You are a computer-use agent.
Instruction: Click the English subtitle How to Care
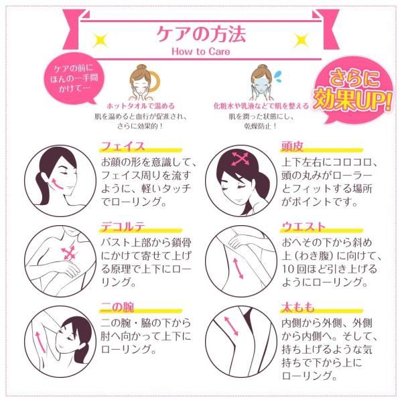click(x=201, y=52)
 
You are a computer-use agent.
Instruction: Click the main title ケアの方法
click(x=201, y=34)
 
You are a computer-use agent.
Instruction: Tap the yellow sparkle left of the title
click(x=100, y=40)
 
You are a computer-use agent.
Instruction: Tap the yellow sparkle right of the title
click(x=301, y=40)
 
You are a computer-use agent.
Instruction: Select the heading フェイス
click(x=123, y=146)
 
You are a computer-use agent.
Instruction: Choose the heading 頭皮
click(x=292, y=146)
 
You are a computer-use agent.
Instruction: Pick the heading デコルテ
click(x=123, y=227)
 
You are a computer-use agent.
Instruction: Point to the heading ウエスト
click(x=304, y=227)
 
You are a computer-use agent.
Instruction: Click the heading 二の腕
click(x=117, y=307)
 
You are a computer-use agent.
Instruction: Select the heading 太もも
click(x=298, y=307)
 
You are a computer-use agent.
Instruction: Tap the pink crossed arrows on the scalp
click(x=240, y=159)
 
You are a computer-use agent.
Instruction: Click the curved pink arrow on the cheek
click(x=58, y=184)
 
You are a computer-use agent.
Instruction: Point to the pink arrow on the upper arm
click(x=40, y=342)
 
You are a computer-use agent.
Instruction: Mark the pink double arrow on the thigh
click(x=231, y=326)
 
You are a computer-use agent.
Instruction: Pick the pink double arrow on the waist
click(x=238, y=269)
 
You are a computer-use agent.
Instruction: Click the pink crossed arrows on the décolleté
click(x=68, y=253)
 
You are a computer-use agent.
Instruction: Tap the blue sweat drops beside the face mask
click(x=277, y=76)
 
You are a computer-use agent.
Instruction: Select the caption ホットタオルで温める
click(x=141, y=106)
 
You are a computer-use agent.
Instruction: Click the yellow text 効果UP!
click(x=353, y=99)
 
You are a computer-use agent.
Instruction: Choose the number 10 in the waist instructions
click(x=288, y=269)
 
